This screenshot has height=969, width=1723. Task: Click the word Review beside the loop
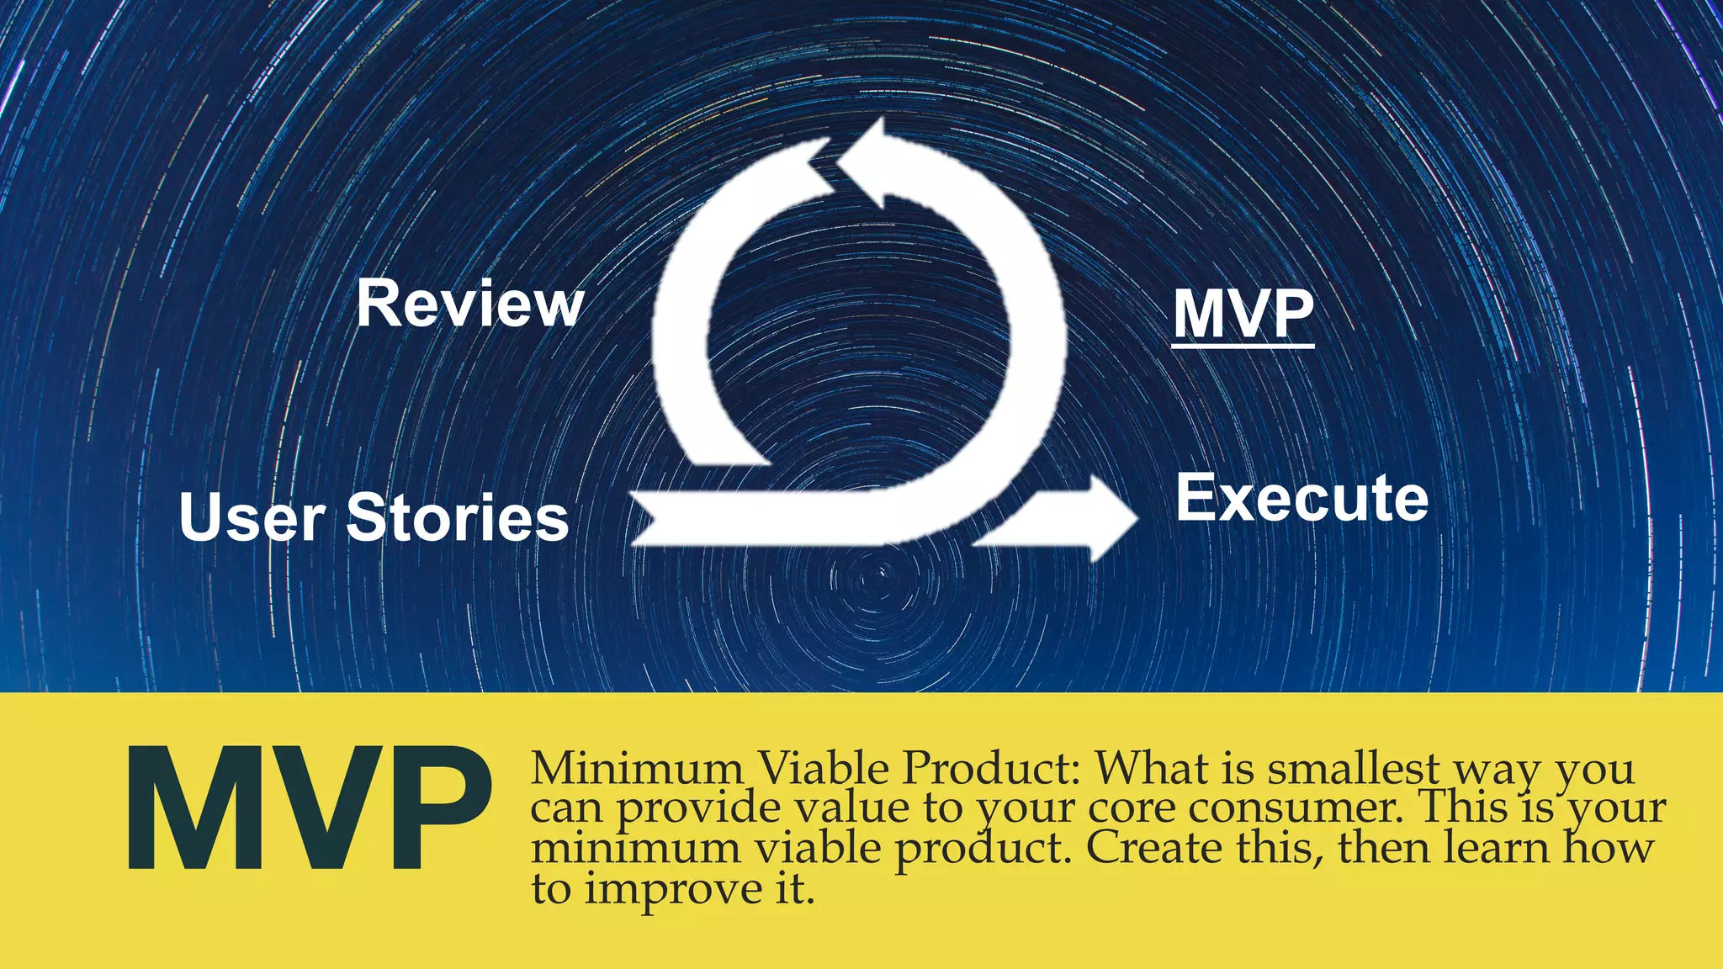pyautogui.click(x=469, y=304)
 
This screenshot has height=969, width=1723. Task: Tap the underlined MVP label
pyautogui.click(x=1243, y=314)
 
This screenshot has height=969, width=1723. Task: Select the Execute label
pyautogui.click(x=1302, y=498)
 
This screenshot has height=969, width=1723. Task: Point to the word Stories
pyautogui.click(x=458, y=517)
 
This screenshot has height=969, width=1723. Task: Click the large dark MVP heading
pyautogui.click(x=309, y=807)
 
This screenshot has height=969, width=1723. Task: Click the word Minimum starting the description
pyautogui.click(x=637, y=768)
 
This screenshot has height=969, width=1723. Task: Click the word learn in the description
pyautogui.click(x=1498, y=847)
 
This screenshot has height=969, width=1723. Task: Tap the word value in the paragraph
pyautogui.click(x=851, y=807)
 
